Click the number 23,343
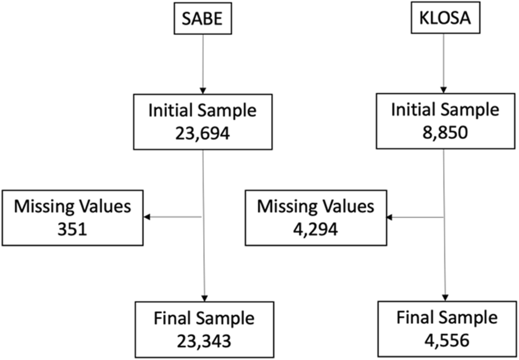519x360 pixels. [x=204, y=340]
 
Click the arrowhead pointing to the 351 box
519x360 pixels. [x=147, y=217]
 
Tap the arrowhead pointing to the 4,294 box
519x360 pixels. [x=390, y=217]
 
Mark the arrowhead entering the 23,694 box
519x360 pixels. [x=203, y=90]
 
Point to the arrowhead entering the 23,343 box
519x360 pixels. [x=204, y=297]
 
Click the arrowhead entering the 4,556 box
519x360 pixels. [x=445, y=297]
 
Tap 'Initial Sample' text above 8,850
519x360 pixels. [x=444, y=110]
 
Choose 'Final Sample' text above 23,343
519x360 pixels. [x=204, y=319]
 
